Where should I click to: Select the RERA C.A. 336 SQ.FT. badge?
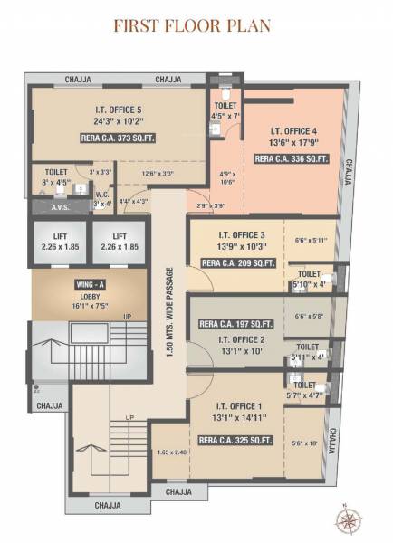[x=291, y=158]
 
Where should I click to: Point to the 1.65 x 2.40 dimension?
[x=170, y=452]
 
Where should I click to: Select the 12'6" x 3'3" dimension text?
[x=158, y=173]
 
